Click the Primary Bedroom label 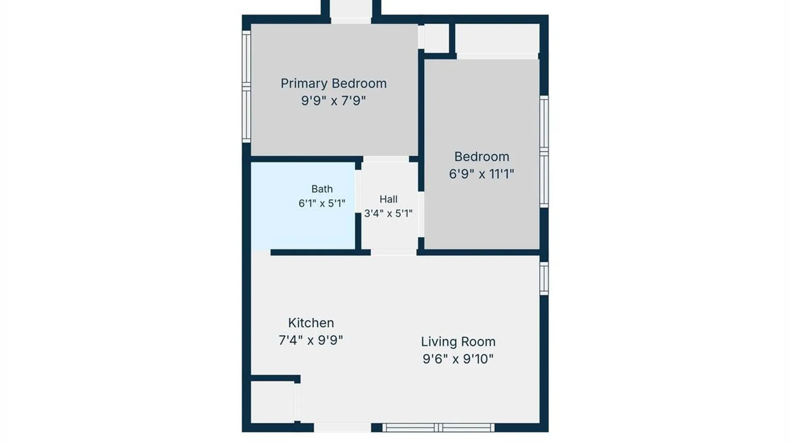point(334,84)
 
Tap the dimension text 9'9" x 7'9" point(334,101)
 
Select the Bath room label point(322,189)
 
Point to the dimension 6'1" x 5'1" point(322,203)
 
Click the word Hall point(388,199)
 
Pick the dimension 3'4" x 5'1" point(388,213)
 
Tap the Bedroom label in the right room point(482,157)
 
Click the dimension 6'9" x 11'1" point(482,174)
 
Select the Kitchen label point(311,323)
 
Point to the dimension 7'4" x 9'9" point(311,340)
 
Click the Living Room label point(458,342)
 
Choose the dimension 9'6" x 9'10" point(458,359)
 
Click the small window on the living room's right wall point(544,279)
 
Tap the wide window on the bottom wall point(439,428)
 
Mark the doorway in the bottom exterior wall point(342,428)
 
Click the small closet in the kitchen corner point(272,402)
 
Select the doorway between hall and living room point(394,252)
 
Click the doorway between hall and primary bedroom point(386,159)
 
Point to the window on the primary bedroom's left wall point(246,87)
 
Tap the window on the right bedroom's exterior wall point(544,152)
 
